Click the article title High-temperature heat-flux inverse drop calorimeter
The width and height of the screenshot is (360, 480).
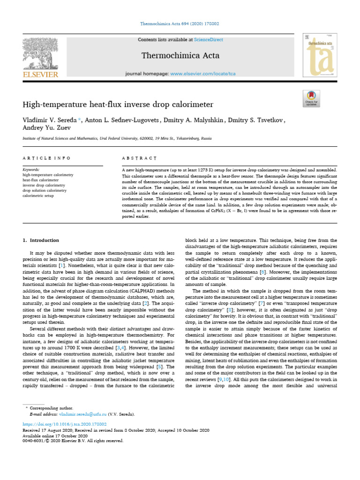point(118,104)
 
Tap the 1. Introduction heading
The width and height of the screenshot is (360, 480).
point(41,240)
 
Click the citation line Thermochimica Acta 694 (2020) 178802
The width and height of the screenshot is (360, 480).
point(180,23)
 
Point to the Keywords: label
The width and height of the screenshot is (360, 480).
point(31,169)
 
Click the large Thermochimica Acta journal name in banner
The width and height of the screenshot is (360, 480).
point(180,56)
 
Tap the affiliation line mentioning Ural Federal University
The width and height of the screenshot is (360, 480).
point(117,139)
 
